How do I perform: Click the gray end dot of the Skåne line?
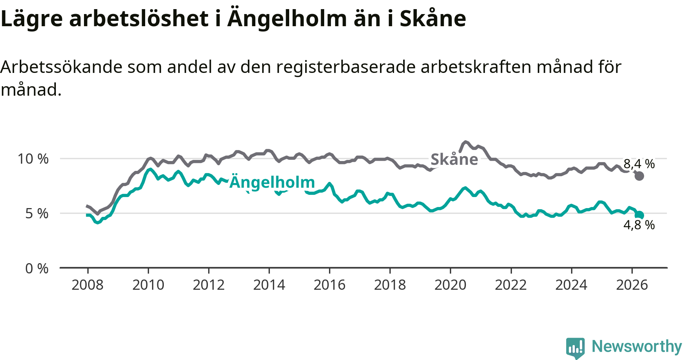[639, 176]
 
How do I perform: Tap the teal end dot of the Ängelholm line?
[639, 215]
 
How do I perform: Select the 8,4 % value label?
[639, 164]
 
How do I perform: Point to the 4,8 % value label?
[639, 225]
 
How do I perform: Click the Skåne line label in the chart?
[454, 159]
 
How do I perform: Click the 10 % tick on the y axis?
[33, 159]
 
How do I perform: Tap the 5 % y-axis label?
[37, 213]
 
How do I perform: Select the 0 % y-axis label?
[37, 268]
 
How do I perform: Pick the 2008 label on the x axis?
[87, 285]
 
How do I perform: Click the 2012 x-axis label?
[209, 285]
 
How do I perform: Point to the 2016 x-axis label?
[329, 285]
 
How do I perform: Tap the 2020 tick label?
[450, 285]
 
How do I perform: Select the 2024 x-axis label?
[571, 285]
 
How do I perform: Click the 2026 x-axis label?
[632, 285]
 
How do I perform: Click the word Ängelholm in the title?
[287, 19]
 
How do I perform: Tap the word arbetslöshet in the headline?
[139, 19]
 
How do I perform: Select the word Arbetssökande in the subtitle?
[62, 67]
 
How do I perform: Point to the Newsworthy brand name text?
[637, 346]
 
